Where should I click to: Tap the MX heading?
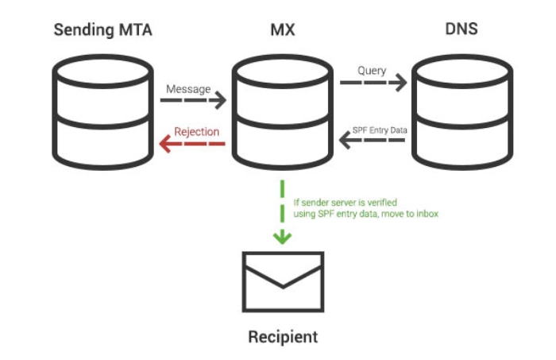(x=281, y=31)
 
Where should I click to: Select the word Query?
(x=372, y=71)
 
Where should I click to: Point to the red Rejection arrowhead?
(x=164, y=144)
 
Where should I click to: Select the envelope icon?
(x=283, y=281)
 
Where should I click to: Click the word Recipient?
(x=283, y=337)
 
